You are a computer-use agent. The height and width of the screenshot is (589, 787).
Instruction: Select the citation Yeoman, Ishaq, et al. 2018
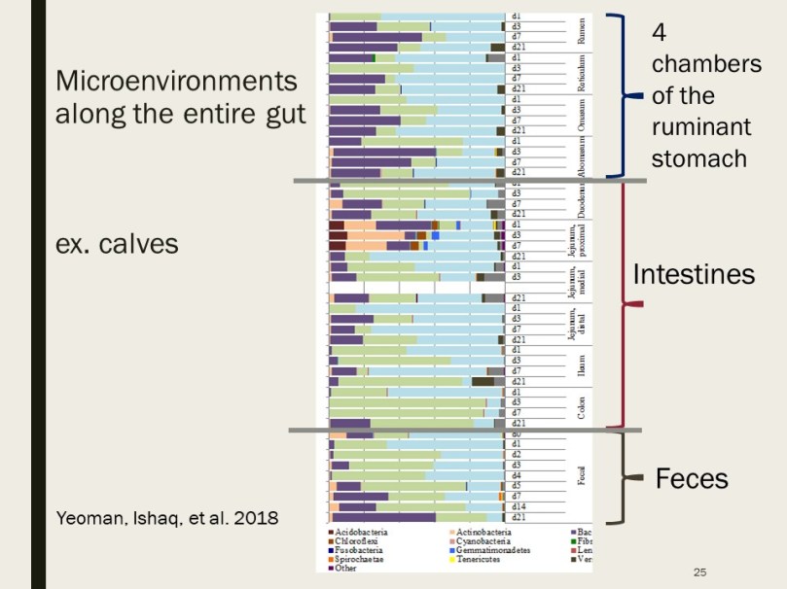[x=166, y=519]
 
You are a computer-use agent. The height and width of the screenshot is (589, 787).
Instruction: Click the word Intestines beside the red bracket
[x=694, y=275]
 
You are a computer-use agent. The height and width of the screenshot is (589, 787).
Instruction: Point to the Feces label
[x=692, y=478]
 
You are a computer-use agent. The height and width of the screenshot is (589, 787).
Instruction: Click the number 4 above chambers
[x=660, y=32]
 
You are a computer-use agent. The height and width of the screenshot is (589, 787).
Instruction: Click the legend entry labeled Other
[x=346, y=568]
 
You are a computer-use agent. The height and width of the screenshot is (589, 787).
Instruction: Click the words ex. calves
[x=117, y=243]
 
